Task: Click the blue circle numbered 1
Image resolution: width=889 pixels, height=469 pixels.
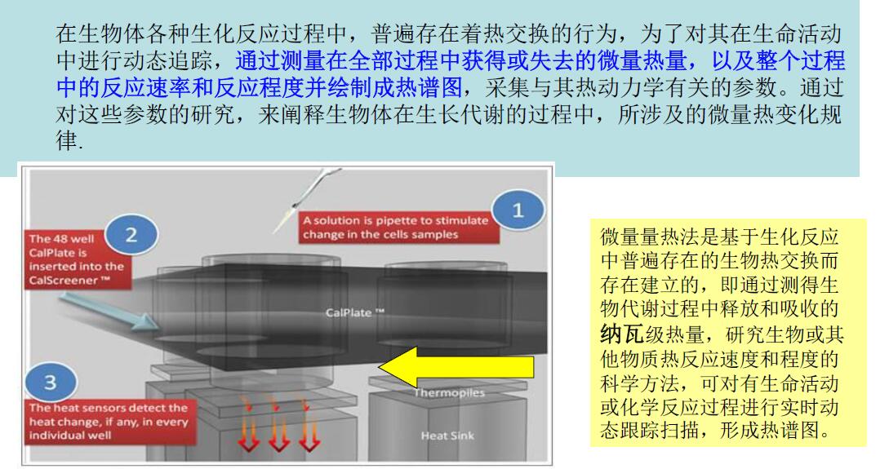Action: pos(518,210)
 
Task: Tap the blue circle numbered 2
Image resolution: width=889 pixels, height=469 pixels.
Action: pos(131,235)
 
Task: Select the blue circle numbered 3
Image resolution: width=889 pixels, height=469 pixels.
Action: pos(51,382)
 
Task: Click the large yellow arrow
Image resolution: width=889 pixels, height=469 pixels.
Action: pos(456,367)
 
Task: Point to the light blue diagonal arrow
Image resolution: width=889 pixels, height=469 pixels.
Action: pos(108,311)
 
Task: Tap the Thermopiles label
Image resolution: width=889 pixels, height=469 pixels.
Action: pos(449,392)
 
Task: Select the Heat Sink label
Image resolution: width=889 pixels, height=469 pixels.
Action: pos(447,436)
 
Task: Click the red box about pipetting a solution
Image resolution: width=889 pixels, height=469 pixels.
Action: pos(399,228)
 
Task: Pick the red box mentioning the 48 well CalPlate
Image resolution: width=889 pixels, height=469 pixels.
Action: pos(77,259)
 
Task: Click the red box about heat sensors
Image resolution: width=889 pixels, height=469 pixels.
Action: pos(110,422)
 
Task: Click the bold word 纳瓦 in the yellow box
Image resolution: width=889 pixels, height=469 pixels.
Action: pos(621,334)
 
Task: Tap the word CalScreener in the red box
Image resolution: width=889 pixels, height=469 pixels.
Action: pos(69,281)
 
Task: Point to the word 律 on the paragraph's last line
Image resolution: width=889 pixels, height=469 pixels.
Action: pos(67,140)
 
